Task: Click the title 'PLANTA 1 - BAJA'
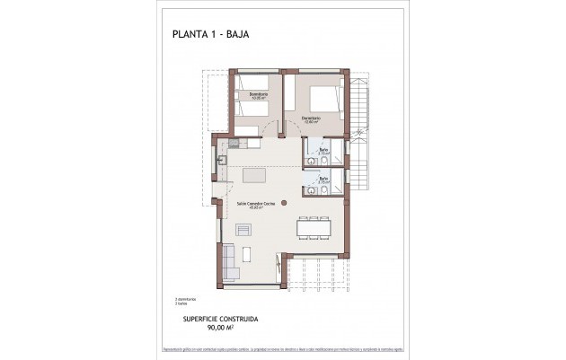(210, 35)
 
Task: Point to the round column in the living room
(284, 202)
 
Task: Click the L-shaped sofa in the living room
(229, 259)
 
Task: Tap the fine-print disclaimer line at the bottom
(282, 348)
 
